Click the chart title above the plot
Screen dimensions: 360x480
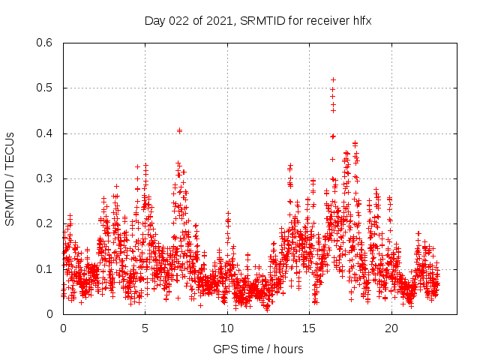(258, 20)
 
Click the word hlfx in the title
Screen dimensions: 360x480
(361, 20)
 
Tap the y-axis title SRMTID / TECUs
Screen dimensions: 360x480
(10, 178)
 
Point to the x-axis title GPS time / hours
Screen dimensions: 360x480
(258, 349)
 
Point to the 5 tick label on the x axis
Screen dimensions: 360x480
(145, 328)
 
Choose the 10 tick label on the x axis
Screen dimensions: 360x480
(227, 328)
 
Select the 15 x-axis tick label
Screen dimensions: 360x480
(309, 328)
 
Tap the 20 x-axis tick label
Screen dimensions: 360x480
(391, 328)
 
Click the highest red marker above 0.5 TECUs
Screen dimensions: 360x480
(333, 79)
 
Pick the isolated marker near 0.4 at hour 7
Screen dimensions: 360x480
(179, 130)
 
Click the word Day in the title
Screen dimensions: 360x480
(154, 20)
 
